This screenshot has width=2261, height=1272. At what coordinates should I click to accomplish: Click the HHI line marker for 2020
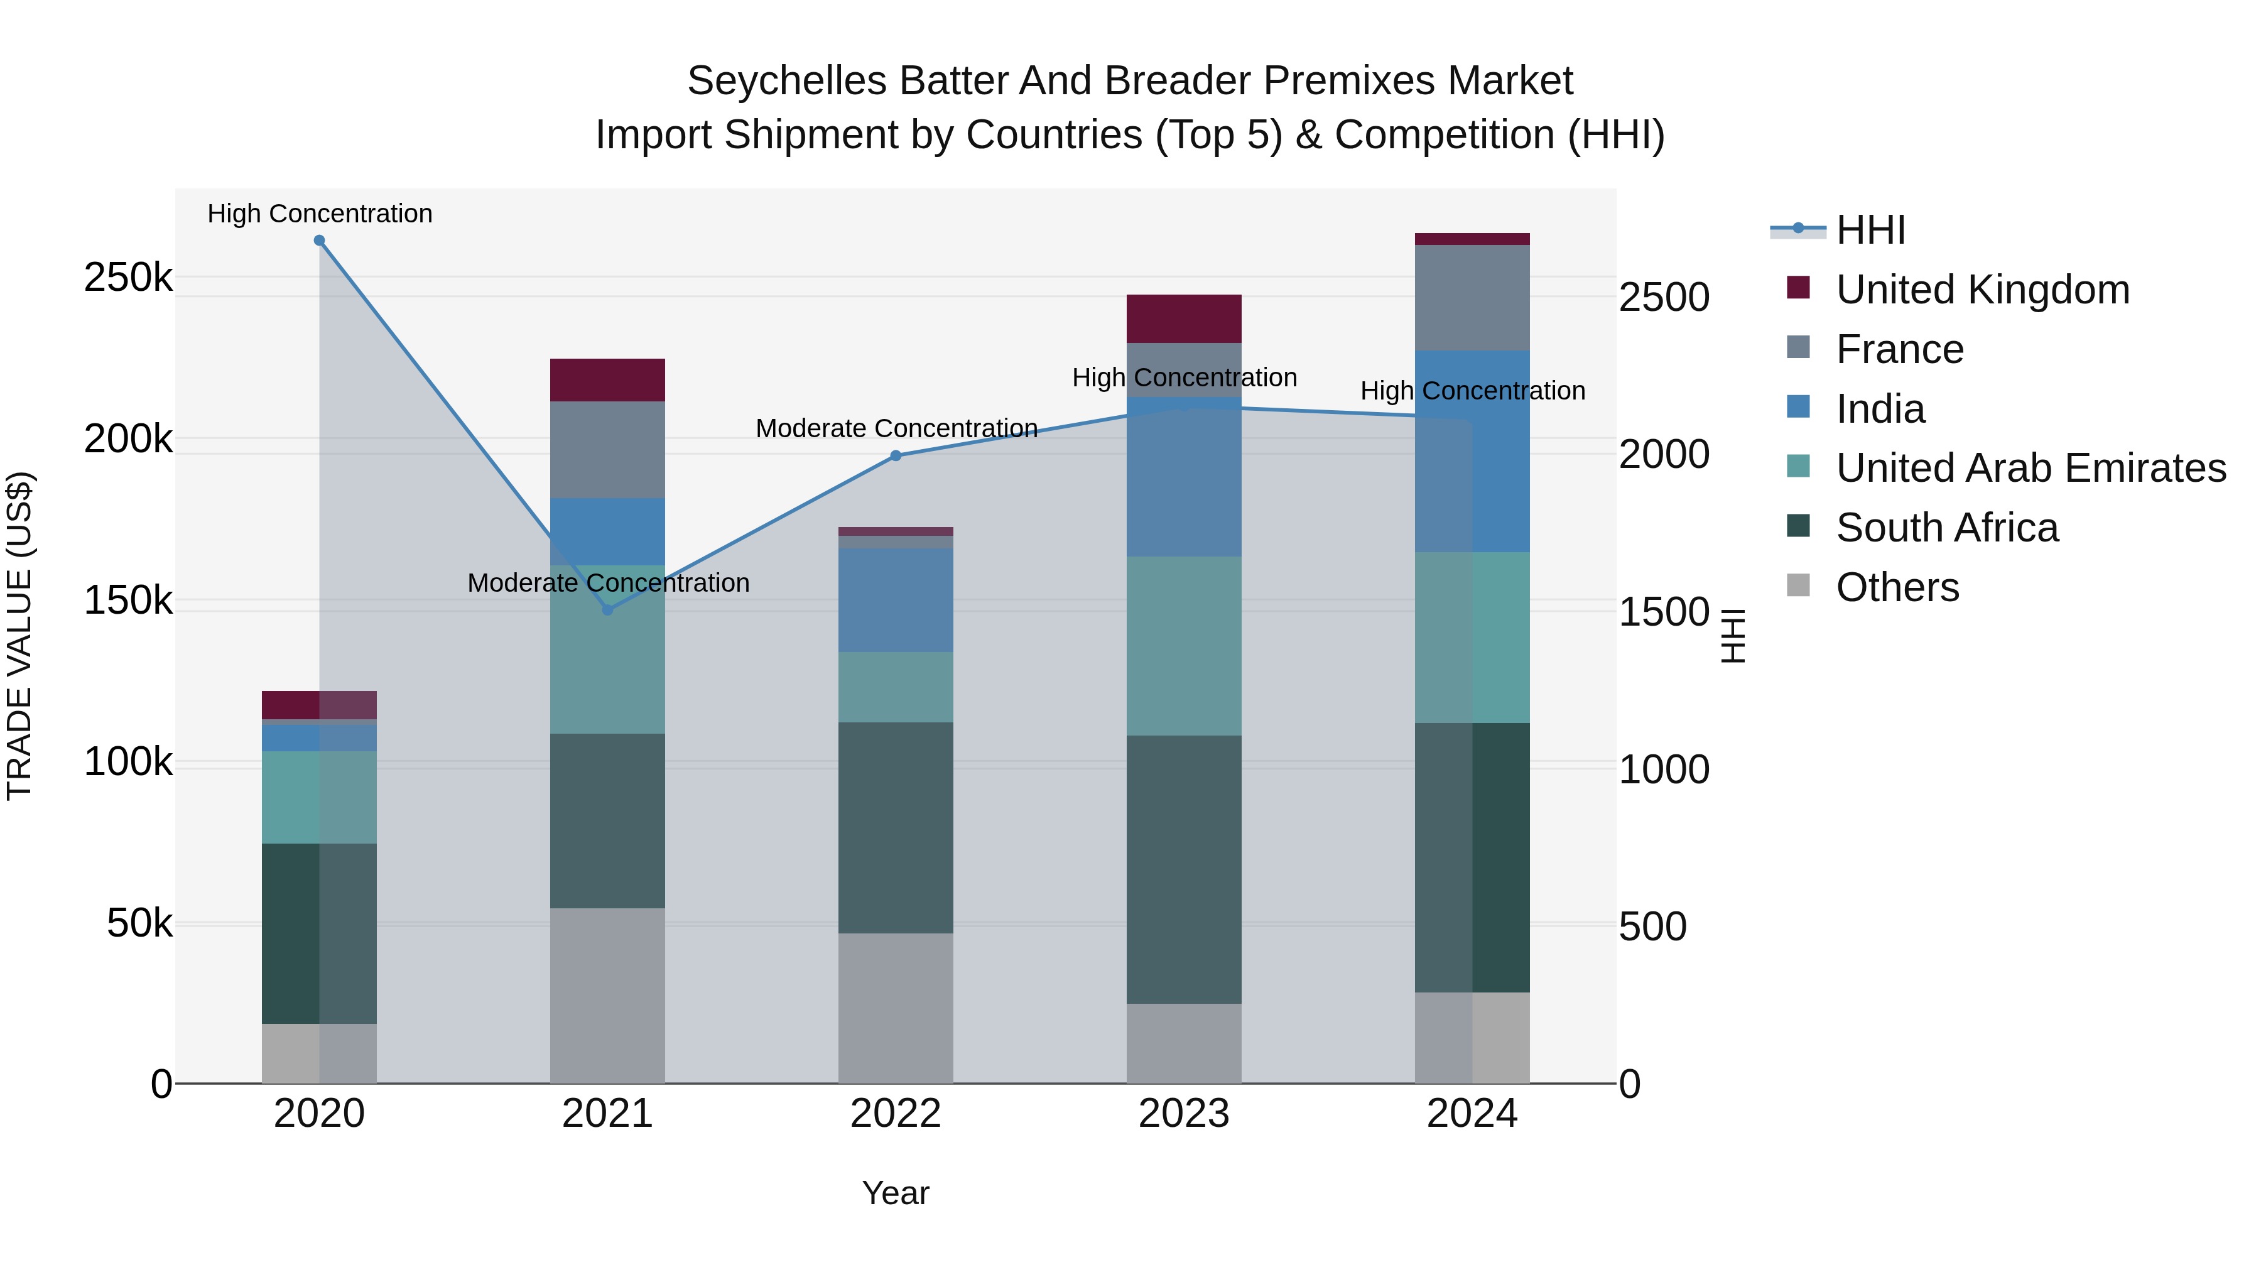320,241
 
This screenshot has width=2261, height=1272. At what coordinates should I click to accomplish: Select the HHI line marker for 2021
607,610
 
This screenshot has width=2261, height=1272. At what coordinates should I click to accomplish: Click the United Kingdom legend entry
1982,290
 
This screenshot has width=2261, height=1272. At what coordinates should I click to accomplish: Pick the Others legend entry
1897,587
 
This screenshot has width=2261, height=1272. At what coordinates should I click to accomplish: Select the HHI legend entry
1870,230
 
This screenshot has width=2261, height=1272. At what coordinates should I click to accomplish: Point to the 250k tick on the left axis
128,278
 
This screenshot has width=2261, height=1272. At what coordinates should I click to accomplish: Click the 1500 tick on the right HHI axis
1663,612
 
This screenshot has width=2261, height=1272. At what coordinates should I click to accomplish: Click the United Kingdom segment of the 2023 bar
1183,318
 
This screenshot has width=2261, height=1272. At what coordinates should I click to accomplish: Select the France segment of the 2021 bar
607,450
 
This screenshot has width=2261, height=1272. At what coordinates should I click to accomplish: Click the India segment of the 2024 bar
1472,451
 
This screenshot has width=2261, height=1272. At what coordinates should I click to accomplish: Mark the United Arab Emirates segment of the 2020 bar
320,797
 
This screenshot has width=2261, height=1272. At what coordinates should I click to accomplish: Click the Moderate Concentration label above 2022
896,428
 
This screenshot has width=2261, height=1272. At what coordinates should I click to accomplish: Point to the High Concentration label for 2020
320,214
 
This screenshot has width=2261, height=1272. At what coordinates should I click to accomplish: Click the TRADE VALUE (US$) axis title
19,636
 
